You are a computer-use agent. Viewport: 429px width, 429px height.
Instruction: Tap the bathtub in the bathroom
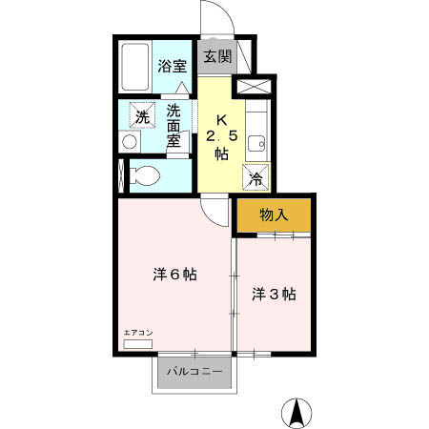click(135, 66)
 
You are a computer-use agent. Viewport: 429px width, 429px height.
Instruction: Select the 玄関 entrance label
click(217, 55)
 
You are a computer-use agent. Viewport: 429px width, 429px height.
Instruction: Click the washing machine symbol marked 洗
click(141, 117)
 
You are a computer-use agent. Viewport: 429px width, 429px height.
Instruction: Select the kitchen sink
click(255, 145)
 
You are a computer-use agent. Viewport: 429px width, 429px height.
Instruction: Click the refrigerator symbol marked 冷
click(256, 177)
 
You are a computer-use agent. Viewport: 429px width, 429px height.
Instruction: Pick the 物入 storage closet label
click(274, 214)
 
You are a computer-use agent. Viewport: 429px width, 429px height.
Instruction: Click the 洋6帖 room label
click(174, 275)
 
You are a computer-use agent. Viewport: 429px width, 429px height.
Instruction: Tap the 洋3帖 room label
click(274, 294)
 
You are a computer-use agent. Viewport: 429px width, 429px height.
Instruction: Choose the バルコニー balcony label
click(195, 371)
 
